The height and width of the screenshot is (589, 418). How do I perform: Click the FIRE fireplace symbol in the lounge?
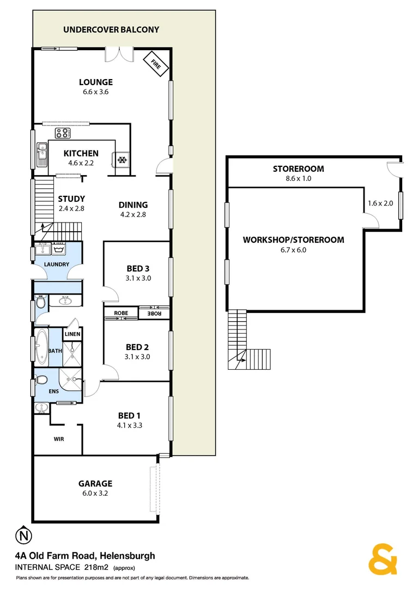point(155,64)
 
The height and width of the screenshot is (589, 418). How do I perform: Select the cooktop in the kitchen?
point(62,133)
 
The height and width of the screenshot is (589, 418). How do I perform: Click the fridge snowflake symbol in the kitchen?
point(123,159)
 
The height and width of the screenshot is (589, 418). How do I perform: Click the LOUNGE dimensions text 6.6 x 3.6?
point(96,92)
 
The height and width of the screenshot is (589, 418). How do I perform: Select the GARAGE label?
point(95,483)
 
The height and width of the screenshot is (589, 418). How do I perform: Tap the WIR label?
point(59,438)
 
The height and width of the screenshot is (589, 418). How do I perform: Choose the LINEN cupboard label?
point(72,334)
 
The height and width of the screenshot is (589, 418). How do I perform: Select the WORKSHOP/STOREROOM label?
point(293,239)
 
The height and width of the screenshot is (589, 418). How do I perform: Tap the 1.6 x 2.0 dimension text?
point(380,203)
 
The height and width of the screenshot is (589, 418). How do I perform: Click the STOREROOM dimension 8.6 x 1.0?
point(298,178)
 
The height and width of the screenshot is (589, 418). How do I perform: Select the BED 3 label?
point(138,268)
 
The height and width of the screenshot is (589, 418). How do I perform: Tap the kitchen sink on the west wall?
point(41,152)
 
